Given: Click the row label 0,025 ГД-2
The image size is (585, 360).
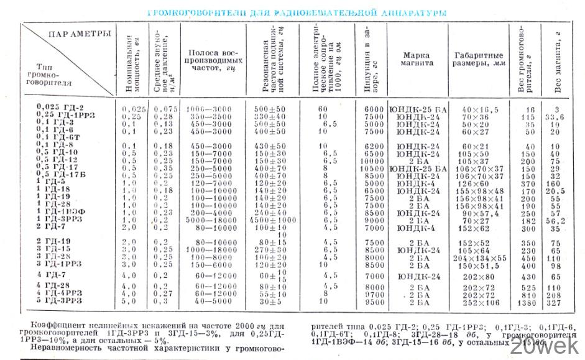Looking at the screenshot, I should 61,107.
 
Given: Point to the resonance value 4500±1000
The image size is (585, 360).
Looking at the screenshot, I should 274,219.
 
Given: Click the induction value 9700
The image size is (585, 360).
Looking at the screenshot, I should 371,295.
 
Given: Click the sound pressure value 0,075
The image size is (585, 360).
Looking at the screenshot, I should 165,109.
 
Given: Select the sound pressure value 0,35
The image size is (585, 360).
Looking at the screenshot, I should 164,167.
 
